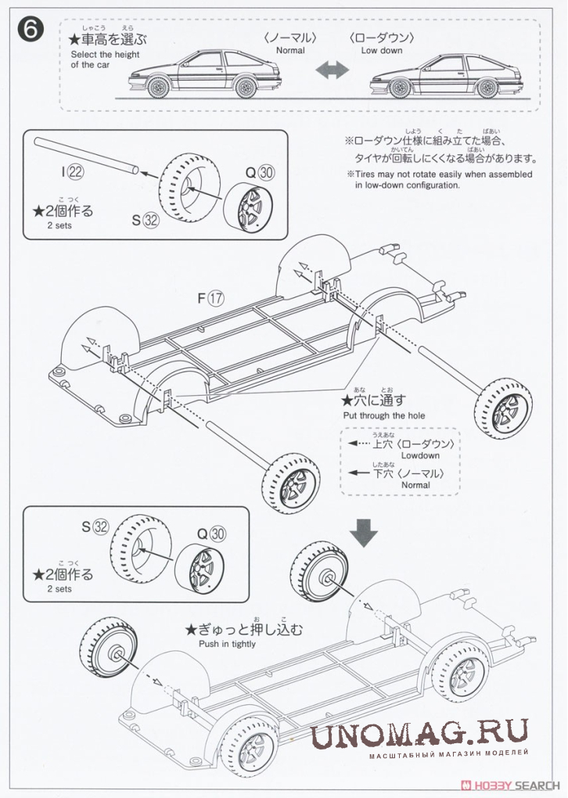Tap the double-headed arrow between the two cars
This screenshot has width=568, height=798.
click(332, 70)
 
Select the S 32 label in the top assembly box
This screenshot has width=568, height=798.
click(146, 220)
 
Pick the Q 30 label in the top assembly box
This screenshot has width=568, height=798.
click(260, 172)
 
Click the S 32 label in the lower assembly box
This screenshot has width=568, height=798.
click(95, 527)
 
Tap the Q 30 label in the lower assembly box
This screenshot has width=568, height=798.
click(211, 534)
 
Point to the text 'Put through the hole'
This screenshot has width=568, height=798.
click(383, 415)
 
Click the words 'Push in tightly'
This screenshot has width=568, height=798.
click(227, 644)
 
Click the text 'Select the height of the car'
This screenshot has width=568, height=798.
click(105, 59)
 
